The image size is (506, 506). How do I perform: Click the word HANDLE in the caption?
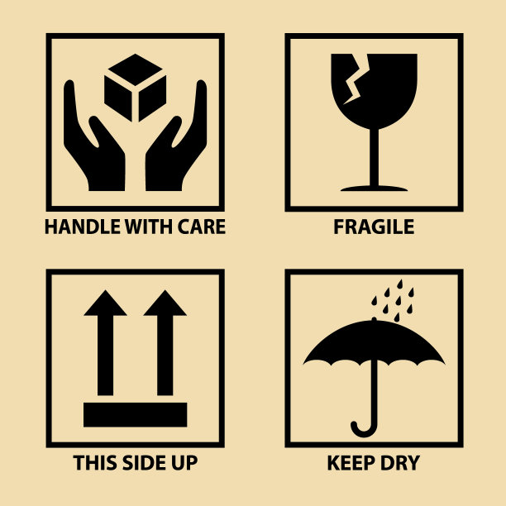tap(83, 227)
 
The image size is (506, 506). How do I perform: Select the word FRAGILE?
tap(374, 227)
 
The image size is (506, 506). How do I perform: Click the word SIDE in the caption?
tap(141, 463)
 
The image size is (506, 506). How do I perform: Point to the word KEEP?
tap(351, 463)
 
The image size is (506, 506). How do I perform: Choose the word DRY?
tap(400, 463)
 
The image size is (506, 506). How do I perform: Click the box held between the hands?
tap(136, 88)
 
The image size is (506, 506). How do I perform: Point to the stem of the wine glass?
tap(374, 157)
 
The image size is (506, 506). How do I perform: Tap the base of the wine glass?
tap(374, 189)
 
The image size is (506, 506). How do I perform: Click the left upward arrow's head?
tap(105, 303)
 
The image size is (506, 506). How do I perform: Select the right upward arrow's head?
tap(165, 303)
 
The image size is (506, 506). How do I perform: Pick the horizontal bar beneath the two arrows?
tap(136, 415)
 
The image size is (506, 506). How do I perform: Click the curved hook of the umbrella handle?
tap(365, 429)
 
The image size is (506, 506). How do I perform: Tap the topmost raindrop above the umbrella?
tap(400, 284)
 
